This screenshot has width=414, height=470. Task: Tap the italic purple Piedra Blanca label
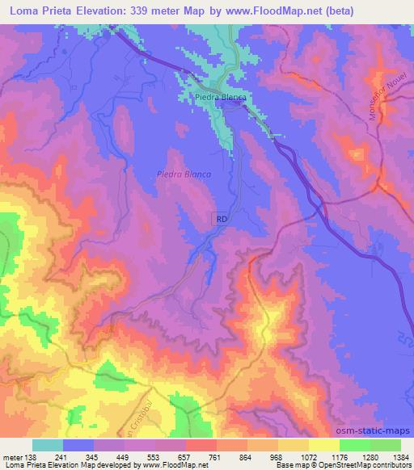tap(184, 174)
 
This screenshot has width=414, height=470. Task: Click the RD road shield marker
tap(222, 219)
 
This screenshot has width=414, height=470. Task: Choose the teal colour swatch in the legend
tap(47, 445)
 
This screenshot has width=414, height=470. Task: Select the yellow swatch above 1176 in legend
tap(323, 445)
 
